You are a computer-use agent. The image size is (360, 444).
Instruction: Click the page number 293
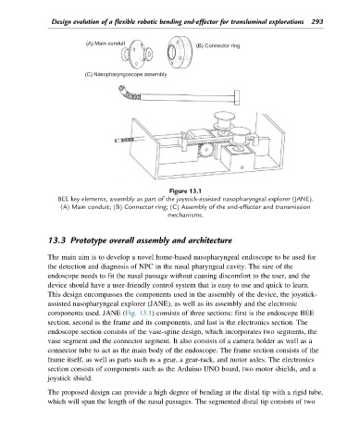coord(317,21)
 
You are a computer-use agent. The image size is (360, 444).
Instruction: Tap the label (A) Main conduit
coord(106,43)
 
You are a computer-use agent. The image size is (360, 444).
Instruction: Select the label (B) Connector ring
coord(217,45)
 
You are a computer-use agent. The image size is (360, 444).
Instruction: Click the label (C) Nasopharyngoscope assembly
coord(126,74)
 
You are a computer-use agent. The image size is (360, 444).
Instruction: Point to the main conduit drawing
coord(137,54)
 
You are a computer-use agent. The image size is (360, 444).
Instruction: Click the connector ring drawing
coord(180,53)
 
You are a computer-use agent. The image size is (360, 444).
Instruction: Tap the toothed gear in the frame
coord(204,151)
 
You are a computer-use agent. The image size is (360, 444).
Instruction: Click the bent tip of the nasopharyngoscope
coord(128,93)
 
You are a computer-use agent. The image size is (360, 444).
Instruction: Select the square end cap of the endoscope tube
coord(237,97)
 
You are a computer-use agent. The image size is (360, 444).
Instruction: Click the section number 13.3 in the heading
coord(57,240)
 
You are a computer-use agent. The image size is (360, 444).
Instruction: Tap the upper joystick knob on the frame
coord(224,121)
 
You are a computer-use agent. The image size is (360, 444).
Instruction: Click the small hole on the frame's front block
coord(242,167)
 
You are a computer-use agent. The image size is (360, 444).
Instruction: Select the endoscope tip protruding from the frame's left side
coord(125,141)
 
